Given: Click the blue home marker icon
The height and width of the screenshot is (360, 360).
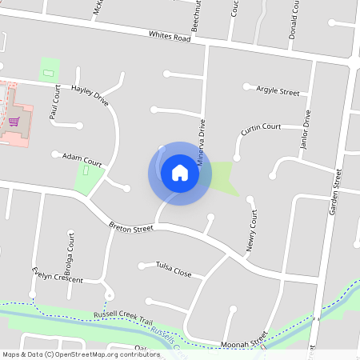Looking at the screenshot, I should coord(179,173).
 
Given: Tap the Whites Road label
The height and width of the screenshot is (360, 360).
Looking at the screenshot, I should coord(170,37).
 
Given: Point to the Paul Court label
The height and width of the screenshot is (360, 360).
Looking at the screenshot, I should coord(55,103).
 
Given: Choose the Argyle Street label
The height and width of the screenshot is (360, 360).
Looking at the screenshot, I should coord(278,92).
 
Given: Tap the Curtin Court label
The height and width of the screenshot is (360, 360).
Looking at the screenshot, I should coord(261,126).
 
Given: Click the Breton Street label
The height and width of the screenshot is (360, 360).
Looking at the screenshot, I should coord(130,229).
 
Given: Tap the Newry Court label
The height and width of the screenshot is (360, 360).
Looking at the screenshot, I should coord(254,231).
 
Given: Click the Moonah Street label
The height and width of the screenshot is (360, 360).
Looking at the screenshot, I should coord(244,343).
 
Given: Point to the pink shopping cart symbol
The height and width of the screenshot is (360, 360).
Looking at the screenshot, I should coord(14,122).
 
